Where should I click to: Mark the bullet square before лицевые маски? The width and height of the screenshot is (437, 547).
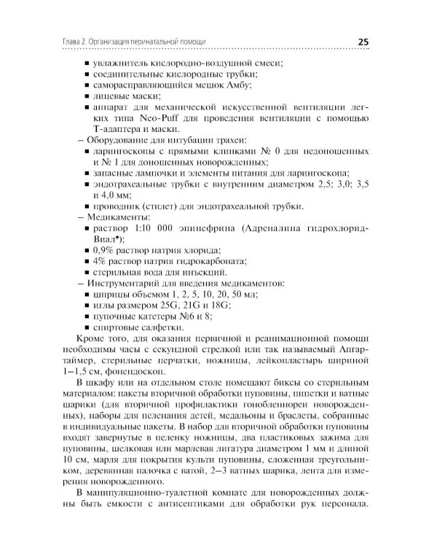pyautogui.click(x=87, y=96)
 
